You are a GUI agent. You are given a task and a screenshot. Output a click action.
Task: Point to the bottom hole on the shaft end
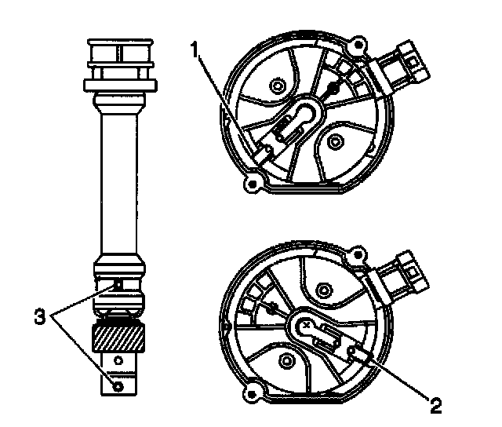[x=118, y=386]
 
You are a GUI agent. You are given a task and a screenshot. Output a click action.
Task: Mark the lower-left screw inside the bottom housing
[x=286, y=358]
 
